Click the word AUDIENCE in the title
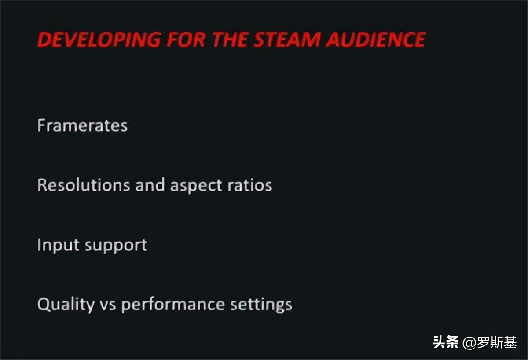[x=376, y=40]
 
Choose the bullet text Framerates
[x=83, y=125]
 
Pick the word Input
[x=52, y=245]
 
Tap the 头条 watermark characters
[x=445, y=342]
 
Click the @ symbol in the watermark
[x=469, y=342]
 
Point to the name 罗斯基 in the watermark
[x=497, y=342]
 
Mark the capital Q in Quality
[x=43, y=304]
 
